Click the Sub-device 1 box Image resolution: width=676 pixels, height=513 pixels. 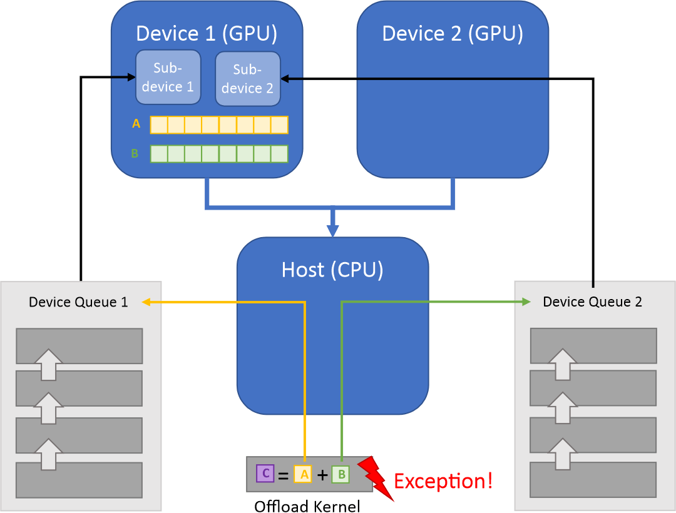[168, 77]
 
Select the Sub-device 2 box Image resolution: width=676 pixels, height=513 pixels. [247, 79]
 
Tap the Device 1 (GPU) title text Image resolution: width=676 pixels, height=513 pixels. [207, 33]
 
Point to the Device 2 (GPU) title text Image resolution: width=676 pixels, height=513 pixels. [453, 33]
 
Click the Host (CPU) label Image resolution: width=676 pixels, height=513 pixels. [332, 270]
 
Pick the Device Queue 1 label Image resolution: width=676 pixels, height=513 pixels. [78, 302]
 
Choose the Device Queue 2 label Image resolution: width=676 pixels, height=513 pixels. [592, 302]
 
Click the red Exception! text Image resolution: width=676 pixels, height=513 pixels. [443, 481]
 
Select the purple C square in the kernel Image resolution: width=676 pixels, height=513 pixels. [265, 474]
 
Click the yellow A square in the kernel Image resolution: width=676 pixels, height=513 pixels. [303, 474]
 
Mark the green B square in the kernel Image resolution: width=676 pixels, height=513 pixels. [341, 474]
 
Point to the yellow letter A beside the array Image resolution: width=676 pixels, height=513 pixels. [136, 124]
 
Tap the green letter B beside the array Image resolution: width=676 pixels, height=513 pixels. [135, 153]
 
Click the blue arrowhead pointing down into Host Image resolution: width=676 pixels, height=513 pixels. [332, 230]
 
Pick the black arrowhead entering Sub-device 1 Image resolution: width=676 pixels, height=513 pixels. [131, 77]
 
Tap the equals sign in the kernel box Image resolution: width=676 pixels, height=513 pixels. [283, 475]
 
